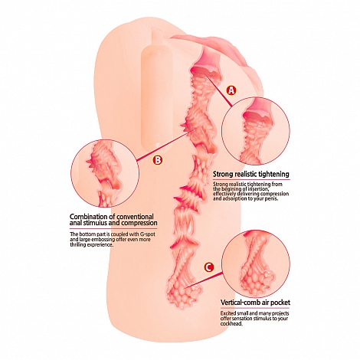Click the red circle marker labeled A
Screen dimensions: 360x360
tap(231, 90)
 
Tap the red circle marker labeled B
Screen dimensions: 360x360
tap(157, 160)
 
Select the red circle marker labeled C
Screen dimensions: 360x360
tap(208, 267)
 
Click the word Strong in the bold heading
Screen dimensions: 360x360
tap(221, 175)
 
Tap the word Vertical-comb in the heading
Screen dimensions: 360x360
tap(237, 303)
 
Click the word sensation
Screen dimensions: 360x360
tap(239, 318)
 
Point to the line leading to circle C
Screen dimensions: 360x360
tap(205, 280)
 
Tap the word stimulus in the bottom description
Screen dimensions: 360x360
tap(260, 318)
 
